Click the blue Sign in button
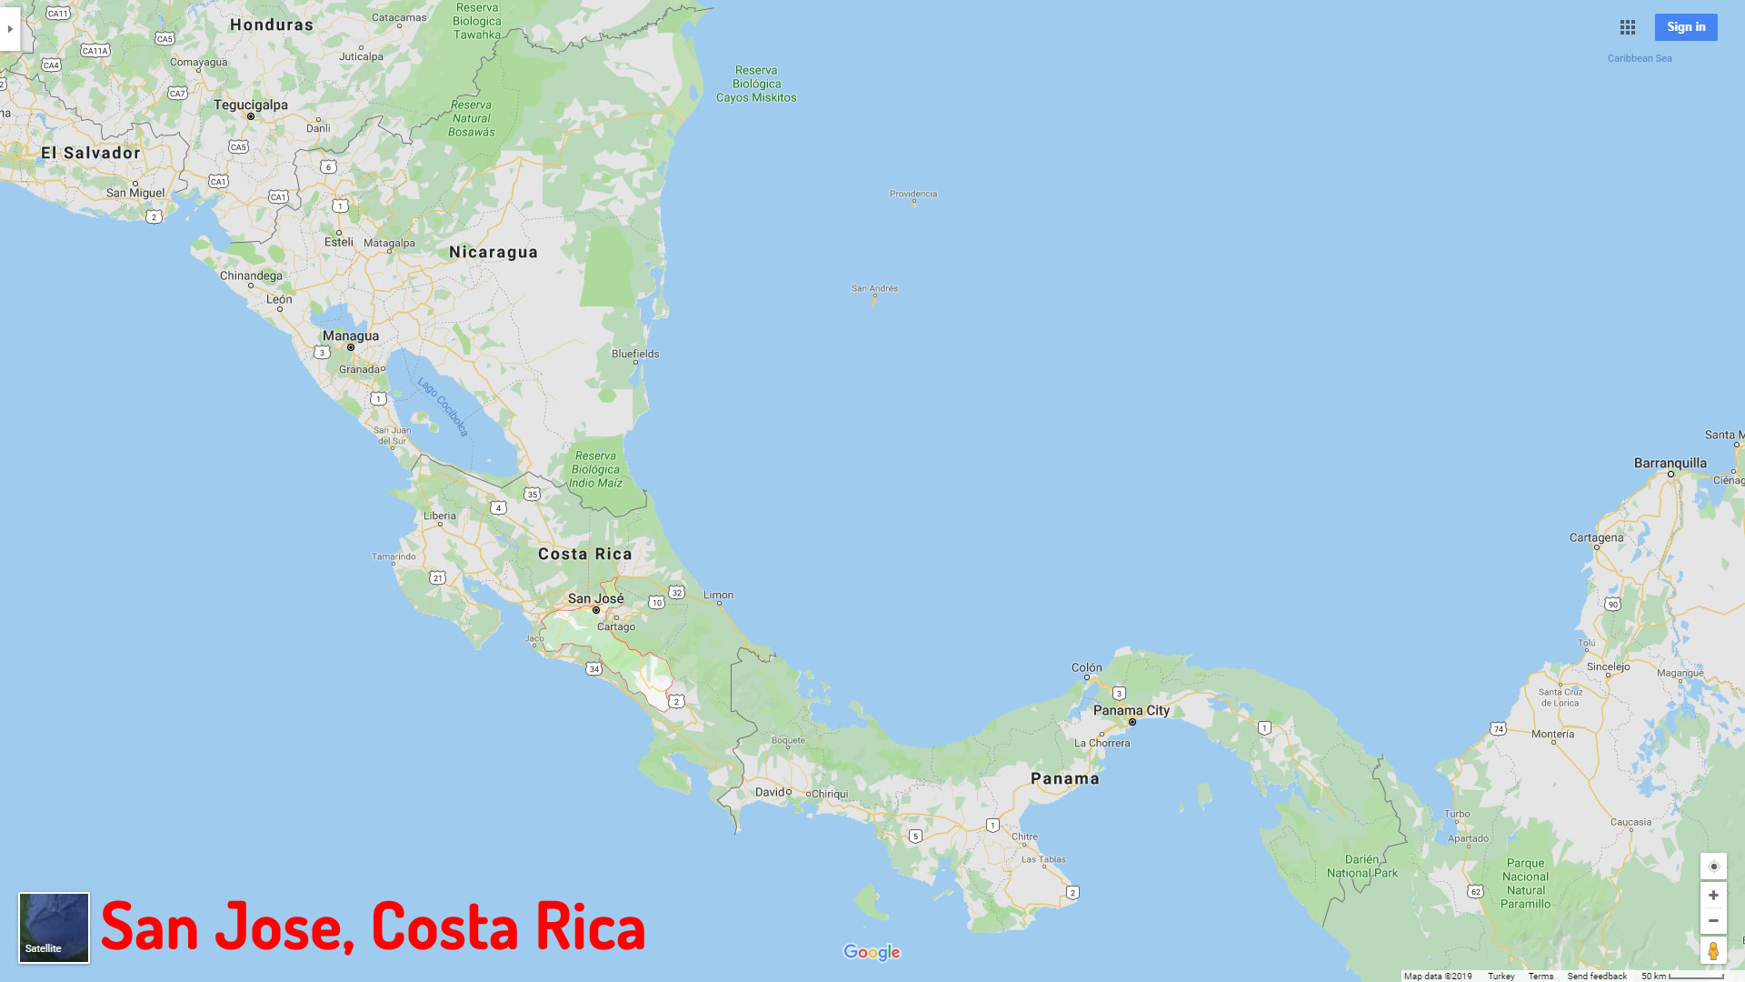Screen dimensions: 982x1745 [1686, 27]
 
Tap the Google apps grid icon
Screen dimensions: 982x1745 [1628, 27]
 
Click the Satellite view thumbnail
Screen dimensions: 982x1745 [55, 927]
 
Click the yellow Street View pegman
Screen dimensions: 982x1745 [1713, 951]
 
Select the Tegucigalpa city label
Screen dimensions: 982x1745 [251, 105]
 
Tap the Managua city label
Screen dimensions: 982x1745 [351, 336]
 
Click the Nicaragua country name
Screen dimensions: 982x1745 [494, 252]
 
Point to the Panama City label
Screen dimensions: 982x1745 [1132, 710]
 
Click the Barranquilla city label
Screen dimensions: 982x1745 [1670, 463]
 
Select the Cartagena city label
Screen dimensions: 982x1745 [1596, 537]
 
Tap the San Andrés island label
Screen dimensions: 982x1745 [874, 288]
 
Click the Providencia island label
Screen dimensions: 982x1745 [913, 194]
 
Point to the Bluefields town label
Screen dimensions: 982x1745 [635, 354]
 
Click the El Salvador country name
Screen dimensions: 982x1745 [91, 153]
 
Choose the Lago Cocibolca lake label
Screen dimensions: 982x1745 [443, 406]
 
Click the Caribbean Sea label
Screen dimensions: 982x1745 [1640, 58]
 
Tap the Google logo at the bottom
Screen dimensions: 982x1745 [872, 952]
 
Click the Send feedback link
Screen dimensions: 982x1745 [1597, 976]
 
